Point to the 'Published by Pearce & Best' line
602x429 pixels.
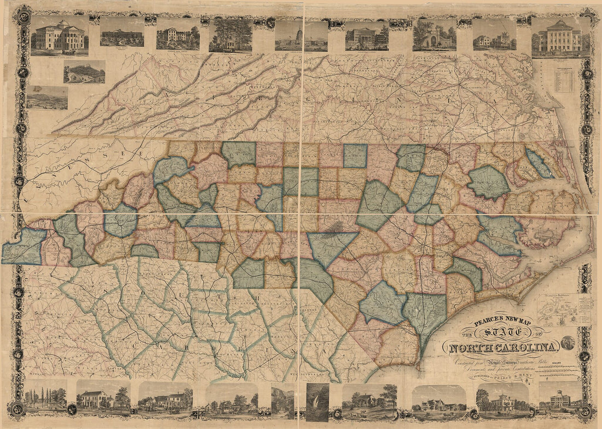(493, 377)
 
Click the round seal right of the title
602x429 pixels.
(568, 343)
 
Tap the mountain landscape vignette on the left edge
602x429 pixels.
(47, 98)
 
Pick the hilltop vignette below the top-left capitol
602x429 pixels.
(84, 72)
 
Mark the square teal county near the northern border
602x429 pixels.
(355, 156)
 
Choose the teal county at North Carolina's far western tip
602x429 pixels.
(24, 246)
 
